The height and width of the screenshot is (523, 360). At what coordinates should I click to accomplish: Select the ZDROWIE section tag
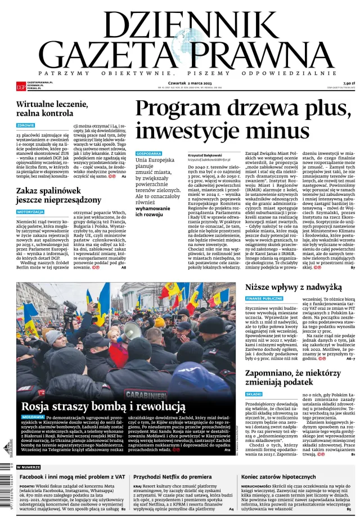[x=26, y=126]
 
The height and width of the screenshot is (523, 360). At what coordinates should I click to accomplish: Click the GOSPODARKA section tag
[x=149, y=153]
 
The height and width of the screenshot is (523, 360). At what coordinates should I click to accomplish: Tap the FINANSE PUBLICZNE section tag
[x=264, y=298]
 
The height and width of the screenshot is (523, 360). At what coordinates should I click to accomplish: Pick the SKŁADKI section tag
[x=254, y=394]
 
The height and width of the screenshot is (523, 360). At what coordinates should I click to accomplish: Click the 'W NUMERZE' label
[x=28, y=467]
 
